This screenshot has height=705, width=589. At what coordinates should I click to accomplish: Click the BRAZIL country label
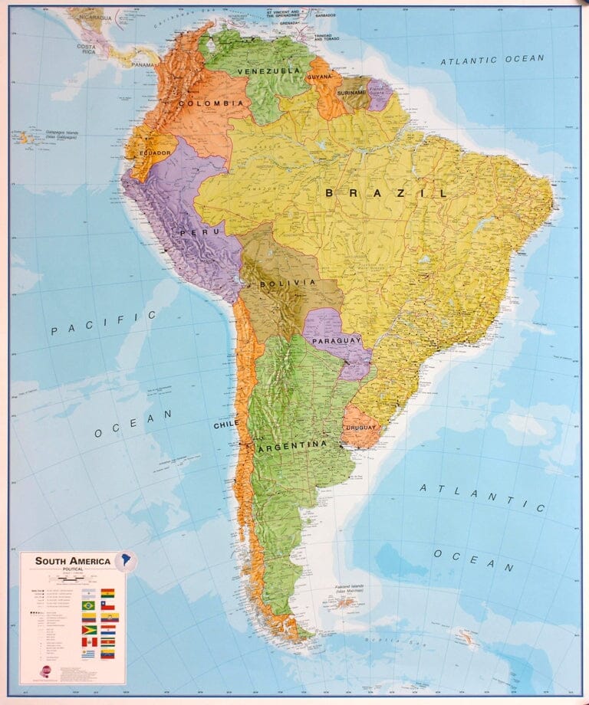point(387,193)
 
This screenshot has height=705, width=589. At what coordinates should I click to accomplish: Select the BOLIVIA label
point(288,283)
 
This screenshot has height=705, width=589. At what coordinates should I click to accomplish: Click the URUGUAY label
point(361,428)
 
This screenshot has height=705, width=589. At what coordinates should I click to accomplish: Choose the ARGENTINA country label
point(292,444)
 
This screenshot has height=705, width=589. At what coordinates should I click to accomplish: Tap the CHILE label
point(226,424)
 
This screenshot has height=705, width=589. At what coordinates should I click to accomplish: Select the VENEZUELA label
point(268,70)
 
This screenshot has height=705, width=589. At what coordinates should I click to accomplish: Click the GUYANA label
point(319,77)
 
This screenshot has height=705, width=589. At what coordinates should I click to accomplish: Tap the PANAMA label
point(143,64)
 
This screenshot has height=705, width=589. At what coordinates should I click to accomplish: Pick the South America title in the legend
point(73,561)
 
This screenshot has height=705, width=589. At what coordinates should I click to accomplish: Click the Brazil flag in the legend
point(90,605)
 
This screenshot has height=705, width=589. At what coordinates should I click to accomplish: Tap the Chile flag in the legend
point(108,605)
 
